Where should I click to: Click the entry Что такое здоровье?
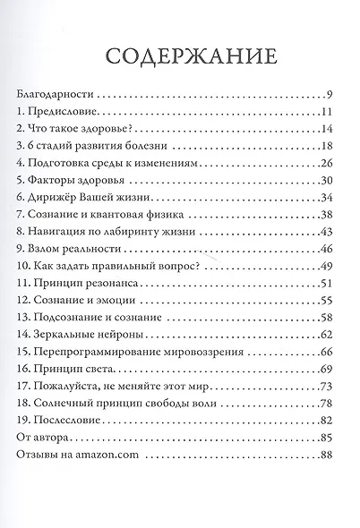point(80,129)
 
